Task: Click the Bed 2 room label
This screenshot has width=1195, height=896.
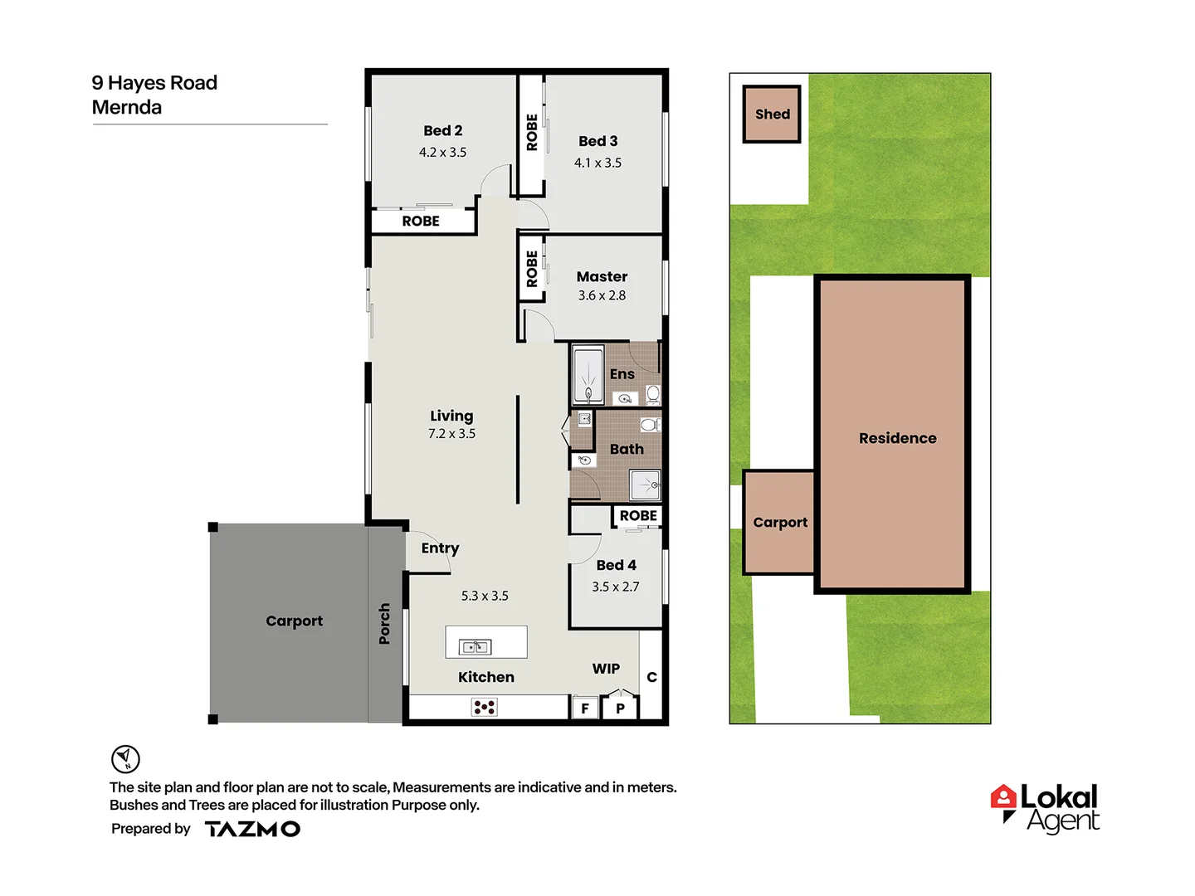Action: coord(442,130)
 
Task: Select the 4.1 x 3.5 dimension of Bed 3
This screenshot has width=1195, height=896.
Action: coord(597,163)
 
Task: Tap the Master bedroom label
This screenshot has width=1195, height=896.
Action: coord(602,276)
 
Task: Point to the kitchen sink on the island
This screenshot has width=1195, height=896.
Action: coord(476,646)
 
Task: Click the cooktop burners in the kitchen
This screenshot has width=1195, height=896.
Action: coord(485,707)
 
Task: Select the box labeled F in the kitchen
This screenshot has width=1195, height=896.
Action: coord(585,709)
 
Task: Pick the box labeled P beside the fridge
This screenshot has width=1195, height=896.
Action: coord(620,709)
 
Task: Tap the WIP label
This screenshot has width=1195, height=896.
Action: coord(606,669)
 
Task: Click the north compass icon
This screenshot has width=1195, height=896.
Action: coord(125,758)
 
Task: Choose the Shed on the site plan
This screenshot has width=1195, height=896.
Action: coord(772,114)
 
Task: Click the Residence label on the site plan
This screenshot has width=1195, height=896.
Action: coord(897,438)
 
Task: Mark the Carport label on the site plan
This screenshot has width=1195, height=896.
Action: coord(780,522)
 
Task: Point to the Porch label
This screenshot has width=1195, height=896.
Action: coord(384,624)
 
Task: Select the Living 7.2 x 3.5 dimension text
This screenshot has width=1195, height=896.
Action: coord(451,434)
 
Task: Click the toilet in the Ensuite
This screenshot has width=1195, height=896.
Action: coord(653,393)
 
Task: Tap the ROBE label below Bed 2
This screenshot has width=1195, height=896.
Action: coord(421,222)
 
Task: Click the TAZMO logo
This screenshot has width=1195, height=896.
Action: coord(252,829)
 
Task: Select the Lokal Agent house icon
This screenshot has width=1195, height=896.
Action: coord(1003,798)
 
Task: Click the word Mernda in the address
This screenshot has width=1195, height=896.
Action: coord(127,107)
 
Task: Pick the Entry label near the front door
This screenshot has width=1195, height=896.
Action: coord(440,548)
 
